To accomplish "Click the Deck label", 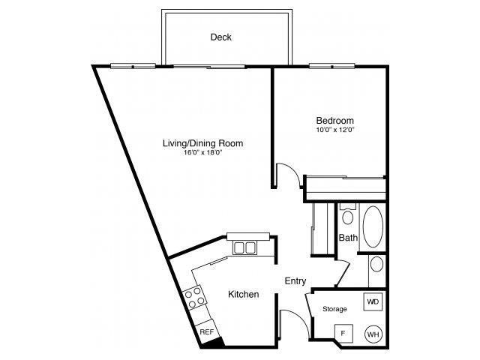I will click(220, 37).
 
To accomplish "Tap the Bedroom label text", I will click(334, 120).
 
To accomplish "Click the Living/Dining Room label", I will click(203, 142).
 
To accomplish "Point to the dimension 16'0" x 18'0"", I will click(203, 152).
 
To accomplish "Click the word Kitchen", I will click(244, 295).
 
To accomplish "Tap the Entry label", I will click(295, 281).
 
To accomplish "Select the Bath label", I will click(347, 238).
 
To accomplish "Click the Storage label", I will click(334, 309).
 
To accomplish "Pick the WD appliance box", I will click(373, 301).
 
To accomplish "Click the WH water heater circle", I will click(373, 334).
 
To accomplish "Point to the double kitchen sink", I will click(244, 247).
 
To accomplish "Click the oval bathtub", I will click(372, 227).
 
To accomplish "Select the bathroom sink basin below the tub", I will click(376, 265).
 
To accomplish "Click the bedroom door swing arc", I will click(289, 174).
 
